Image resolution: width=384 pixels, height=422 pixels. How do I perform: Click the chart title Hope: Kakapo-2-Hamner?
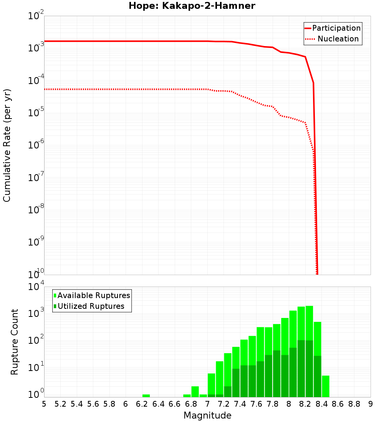[192, 6]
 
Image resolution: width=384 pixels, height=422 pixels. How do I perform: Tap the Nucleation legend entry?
[338, 39]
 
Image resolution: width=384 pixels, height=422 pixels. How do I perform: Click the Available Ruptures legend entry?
[94, 295]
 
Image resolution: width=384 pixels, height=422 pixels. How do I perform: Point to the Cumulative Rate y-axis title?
[7, 145]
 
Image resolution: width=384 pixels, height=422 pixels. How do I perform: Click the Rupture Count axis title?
[15, 342]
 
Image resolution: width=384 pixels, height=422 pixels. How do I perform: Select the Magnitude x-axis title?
[207, 415]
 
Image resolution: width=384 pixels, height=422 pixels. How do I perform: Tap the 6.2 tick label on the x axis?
[142, 404]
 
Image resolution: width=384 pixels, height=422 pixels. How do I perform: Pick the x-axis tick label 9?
[370, 404]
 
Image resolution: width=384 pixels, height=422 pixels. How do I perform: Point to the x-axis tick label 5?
[44, 404]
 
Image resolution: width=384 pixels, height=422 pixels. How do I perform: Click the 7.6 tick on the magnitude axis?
[256, 404]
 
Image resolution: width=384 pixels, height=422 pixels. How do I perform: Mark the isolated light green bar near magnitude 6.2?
[146, 396]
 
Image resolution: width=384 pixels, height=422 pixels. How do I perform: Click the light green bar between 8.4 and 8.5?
[326, 386]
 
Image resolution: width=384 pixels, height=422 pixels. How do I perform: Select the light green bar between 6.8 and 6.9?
[195, 392]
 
